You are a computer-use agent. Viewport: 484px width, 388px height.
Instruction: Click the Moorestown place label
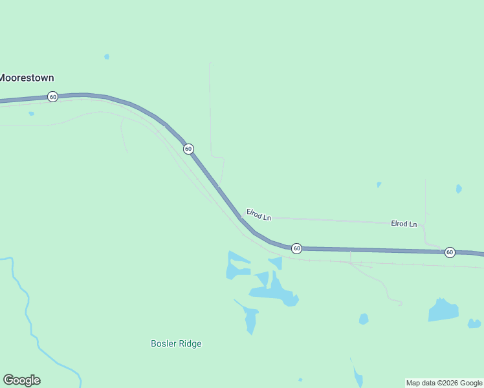point(27,78)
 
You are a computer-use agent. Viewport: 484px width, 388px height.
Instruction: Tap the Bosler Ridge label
point(176,343)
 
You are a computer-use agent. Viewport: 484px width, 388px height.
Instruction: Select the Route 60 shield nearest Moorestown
point(52,97)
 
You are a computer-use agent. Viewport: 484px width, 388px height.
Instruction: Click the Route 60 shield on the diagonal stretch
point(188,149)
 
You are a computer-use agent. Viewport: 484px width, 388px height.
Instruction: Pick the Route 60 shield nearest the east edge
point(450,252)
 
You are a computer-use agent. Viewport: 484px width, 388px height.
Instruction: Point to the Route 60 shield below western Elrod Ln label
point(296,248)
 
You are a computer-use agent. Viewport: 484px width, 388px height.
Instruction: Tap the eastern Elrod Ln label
point(404,224)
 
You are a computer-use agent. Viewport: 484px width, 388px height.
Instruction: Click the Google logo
point(21,380)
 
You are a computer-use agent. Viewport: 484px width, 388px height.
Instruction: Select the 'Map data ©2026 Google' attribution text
point(445,383)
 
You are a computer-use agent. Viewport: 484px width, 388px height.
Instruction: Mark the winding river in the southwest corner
point(29,310)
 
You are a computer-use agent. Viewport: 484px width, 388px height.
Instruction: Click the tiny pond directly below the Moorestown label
point(31,114)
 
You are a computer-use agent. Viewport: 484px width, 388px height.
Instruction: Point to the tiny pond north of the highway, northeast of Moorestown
point(107,57)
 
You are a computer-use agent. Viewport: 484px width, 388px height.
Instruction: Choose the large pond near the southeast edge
point(443,310)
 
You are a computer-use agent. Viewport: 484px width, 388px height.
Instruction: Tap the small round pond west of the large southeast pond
point(364,319)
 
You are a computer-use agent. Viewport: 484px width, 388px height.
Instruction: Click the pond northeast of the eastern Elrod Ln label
point(459,189)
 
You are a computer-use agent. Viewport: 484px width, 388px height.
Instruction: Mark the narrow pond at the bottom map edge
point(358,376)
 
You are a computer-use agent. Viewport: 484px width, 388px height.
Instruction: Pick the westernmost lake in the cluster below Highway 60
point(235,266)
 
